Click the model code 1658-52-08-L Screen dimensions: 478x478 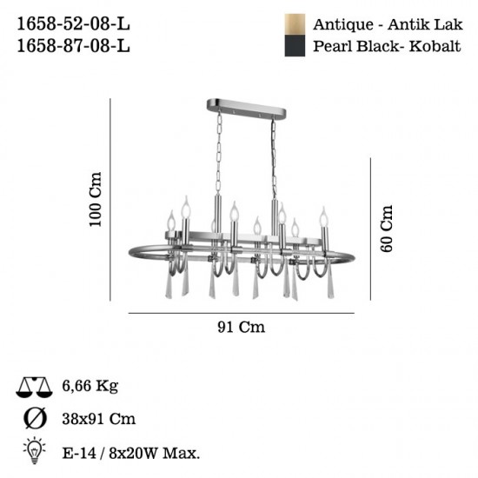click(74, 23)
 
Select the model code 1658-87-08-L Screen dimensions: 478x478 click(74, 46)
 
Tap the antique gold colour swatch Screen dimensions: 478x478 click(295, 24)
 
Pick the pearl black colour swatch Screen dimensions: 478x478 click(295, 46)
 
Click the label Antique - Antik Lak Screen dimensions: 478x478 click(388, 24)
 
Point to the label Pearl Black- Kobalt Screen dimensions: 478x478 click(387, 46)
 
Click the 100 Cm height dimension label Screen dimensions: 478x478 click(95, 199)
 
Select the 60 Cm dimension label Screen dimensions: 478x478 click(387, 229)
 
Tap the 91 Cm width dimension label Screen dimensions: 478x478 click(241, 327)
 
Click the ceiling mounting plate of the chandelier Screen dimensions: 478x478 click(246, 109)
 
